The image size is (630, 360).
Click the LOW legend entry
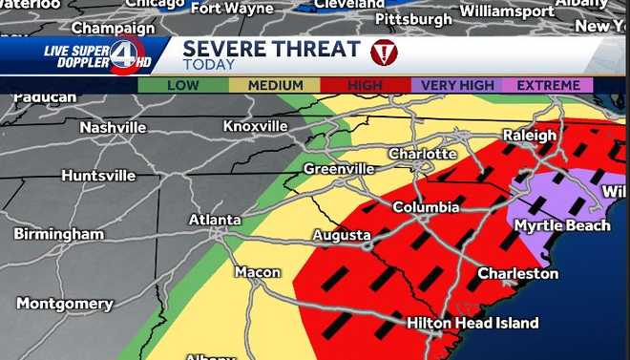click(x=182, y=85)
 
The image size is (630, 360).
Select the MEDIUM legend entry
click(x=276, y=85)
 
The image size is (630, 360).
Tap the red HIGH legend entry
click(x=365, y=85)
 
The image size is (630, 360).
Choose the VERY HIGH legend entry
click(x=457, y=85)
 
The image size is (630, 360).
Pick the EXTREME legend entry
click(x=549, y=85)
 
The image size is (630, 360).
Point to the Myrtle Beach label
click(x=562, y=225)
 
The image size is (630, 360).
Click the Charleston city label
click(x=517, y=273)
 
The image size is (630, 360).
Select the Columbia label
click(x=427, y=207)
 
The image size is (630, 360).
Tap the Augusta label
click(x=342, y=235)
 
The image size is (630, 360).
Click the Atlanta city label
click(x=214, y=220)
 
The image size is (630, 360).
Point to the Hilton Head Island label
click(x=472, y=323)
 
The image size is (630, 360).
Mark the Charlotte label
click(x=422, y=154)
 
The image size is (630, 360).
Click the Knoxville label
click(x=255, y=126)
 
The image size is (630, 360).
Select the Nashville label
click(x=113, y=127)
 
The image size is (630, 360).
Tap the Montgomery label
click(x=65, y=304)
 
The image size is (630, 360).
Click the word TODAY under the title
click(x=201, y=66)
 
